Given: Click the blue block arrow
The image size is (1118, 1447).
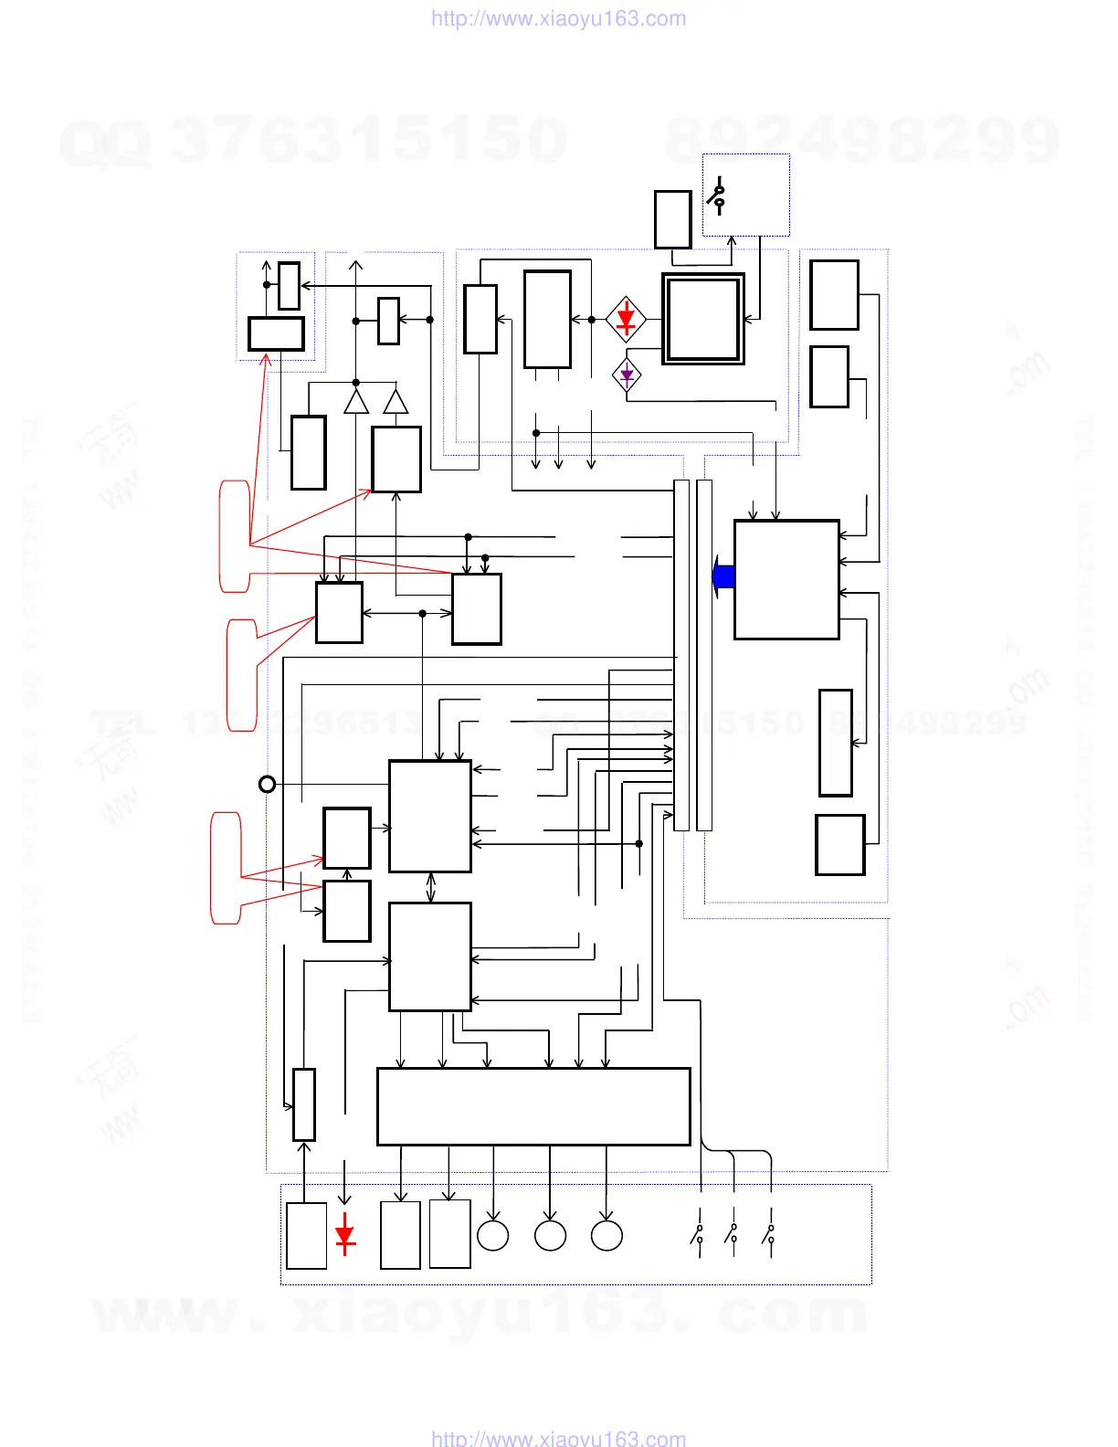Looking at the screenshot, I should tap(723, 576).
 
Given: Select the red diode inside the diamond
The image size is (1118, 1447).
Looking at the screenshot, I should tap(626, 320).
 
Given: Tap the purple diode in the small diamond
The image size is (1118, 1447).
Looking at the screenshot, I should tap(627, 375).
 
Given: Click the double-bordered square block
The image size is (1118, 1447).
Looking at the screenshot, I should tap(703, 319).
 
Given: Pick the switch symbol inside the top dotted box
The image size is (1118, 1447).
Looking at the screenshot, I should tap(718, 196).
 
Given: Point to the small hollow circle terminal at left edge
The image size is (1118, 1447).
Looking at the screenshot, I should tap(267, 784).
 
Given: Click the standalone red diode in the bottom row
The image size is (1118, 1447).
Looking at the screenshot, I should tap(344, 1235).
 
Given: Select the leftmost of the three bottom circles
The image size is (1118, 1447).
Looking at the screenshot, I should tap(493, 1235).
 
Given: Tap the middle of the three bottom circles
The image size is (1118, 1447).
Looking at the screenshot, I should tap(550, 1235).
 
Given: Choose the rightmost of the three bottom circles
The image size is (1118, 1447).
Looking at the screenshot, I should tap(606, 1235).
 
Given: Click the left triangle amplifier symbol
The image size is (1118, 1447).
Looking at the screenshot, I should tap(356, 402).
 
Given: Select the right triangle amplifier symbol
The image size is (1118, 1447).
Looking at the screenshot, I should tap(396, 402).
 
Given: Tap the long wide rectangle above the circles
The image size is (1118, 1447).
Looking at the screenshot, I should tap(533, 1106).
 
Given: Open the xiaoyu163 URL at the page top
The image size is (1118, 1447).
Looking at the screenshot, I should tap(558, 19).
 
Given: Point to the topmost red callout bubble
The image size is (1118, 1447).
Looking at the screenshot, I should tap(235, 536).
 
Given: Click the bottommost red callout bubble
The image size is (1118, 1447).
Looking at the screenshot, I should tap(227, 868).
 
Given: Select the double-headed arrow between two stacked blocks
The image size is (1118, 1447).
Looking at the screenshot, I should tap(431, 887).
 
